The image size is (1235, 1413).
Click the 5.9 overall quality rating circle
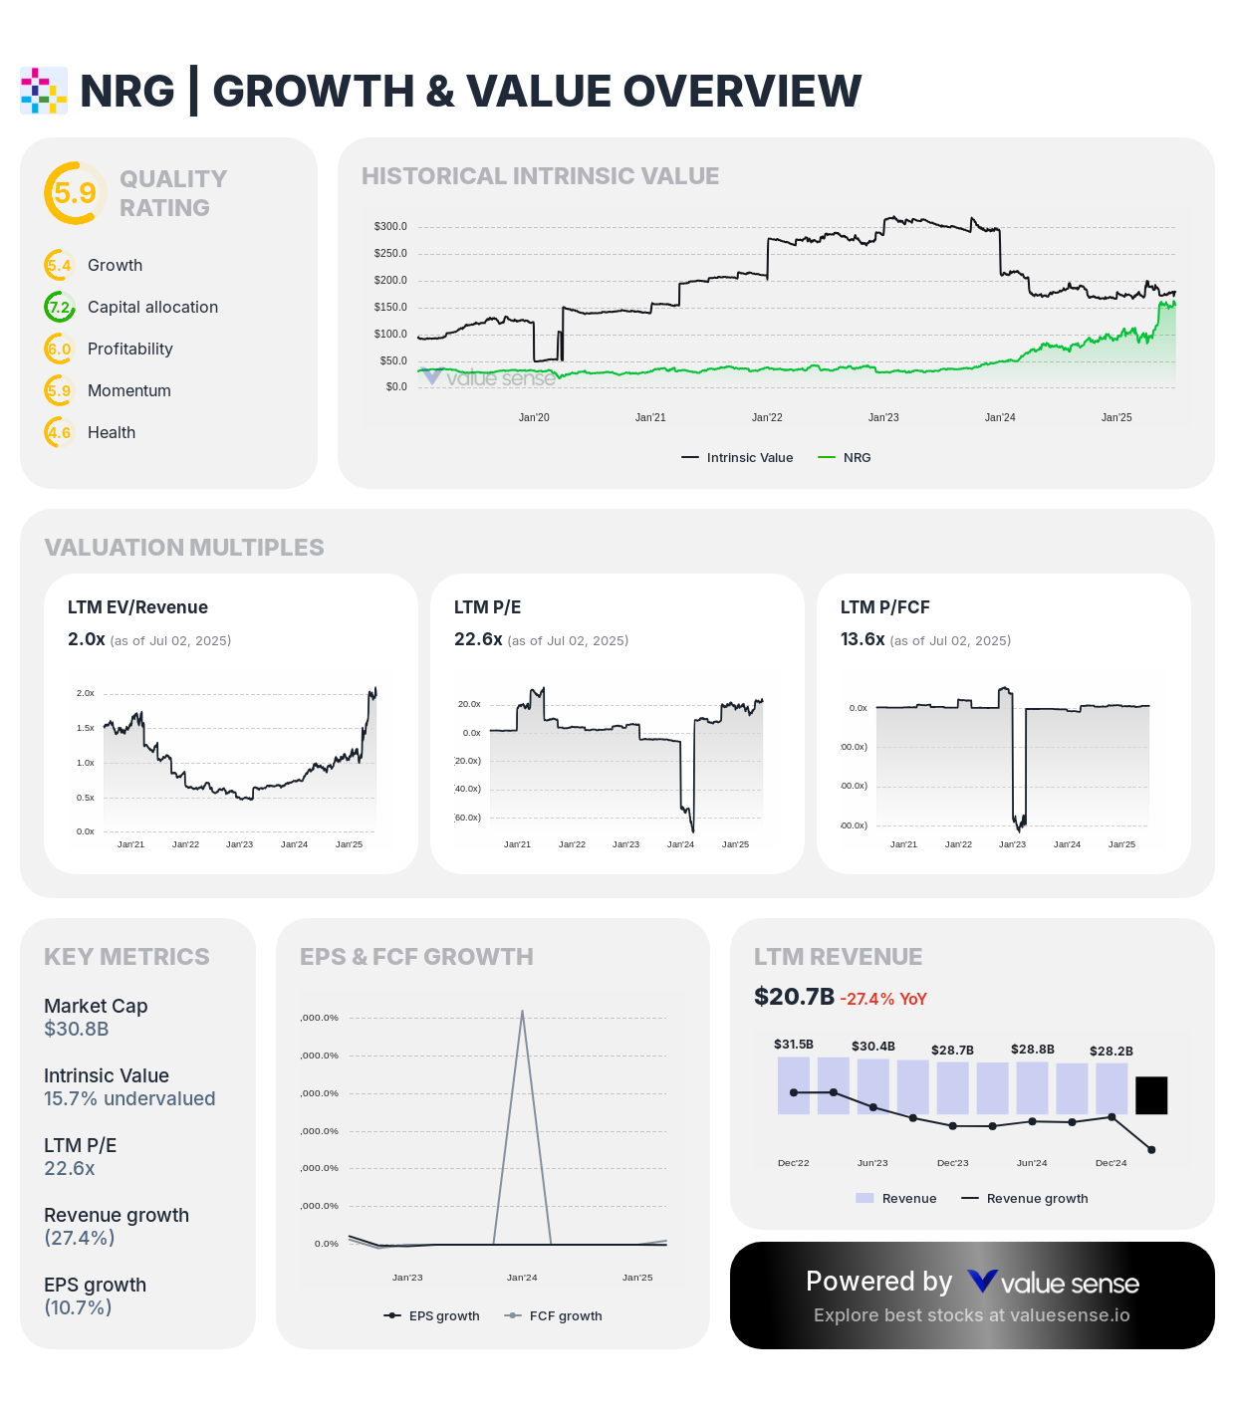point(75,193)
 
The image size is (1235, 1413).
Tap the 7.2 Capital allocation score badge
point(60,307)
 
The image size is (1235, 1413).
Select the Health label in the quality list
point(112,432)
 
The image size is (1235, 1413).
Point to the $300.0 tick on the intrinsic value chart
point(390,226)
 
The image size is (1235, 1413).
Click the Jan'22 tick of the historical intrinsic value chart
point(767,417)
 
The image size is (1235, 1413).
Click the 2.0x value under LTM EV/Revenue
point(86,639)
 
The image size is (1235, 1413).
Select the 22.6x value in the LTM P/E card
point(478,639)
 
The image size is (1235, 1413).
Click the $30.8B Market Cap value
point(77,1029)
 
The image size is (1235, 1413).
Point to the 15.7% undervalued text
point(129,1098)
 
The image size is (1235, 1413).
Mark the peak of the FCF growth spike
point(522,1012)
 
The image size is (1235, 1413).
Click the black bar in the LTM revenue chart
point(1151,1095)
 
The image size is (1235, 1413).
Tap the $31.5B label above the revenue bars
point(794,1045)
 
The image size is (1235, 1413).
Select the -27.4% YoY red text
point(883,999)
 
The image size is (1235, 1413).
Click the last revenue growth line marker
point(1151,1150)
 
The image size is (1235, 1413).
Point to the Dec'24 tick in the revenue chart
point(1111,1163)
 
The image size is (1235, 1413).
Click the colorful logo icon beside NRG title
point(44,91)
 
